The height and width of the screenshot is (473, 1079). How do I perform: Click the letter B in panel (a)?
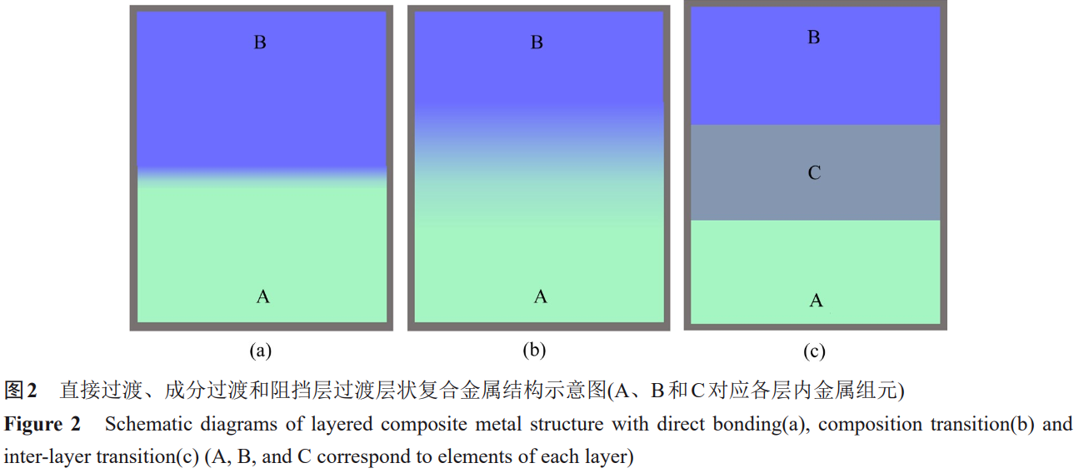(260, 42)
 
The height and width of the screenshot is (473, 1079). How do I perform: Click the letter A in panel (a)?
(263, 296)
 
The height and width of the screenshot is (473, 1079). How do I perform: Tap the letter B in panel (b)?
(537, 42)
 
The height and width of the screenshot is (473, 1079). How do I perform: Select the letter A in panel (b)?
(541, 296)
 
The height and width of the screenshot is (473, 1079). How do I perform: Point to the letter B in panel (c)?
(814, 37)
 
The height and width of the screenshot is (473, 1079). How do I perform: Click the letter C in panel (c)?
(815, 173)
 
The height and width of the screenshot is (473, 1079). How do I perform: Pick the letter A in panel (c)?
(817, 301)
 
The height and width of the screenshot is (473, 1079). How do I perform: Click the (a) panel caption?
(261, 351)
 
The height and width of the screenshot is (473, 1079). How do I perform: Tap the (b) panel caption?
(534, 351)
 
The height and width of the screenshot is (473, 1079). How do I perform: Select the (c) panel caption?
(814, 351)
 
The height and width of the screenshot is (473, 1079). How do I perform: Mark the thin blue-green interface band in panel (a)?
(262, 177)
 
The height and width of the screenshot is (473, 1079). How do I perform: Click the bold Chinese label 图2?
(22, 390)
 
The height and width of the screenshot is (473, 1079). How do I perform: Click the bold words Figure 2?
(42, 424)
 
